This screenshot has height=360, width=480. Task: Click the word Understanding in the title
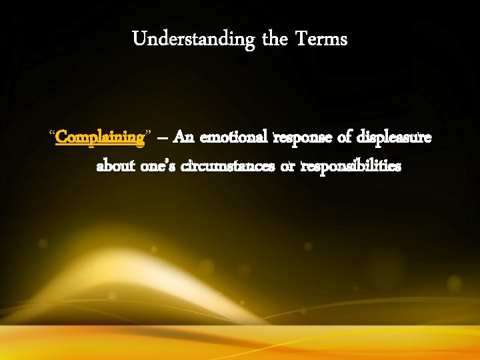point(193,40)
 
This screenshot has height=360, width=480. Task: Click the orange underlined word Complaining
point(100,138)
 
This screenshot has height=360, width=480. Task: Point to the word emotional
point(236,137)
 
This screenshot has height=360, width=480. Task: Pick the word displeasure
point(394,138)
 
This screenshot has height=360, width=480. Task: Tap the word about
point(116,165)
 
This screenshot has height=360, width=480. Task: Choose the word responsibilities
point(351,165)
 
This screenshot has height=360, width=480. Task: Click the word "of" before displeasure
point(345,137)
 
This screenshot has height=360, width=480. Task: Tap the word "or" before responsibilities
point(287,166)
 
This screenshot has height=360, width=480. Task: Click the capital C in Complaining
point(61,137)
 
